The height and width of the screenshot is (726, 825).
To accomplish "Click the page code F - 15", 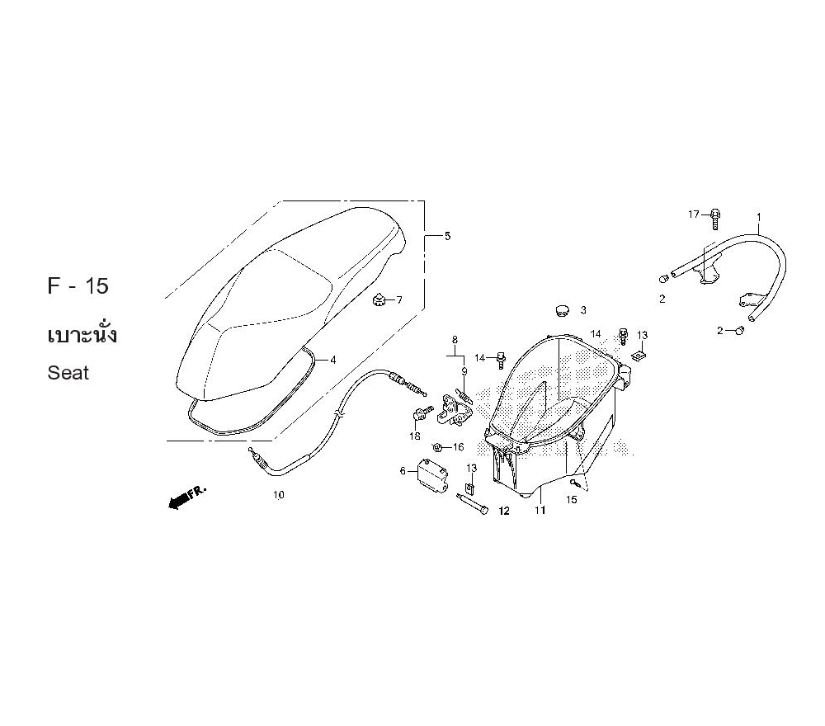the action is pyautogui.click(x=78, y=285).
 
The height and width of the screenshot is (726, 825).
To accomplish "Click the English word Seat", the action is pyautogui.click(x=68, y=372).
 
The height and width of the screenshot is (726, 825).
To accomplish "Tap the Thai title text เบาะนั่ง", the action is pyautogui.click(x=82, y=334).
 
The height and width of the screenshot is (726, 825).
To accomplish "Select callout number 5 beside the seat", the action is pyautogui.click(x=447, y=236).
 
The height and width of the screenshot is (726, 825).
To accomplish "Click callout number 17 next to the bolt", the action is pyautogui.click(x=694, y=214).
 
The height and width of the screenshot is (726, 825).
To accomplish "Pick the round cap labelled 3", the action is pyautogui.click(x=563, y=310).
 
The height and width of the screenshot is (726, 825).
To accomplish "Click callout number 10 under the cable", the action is pyautogui.click(x=278, y=494).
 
